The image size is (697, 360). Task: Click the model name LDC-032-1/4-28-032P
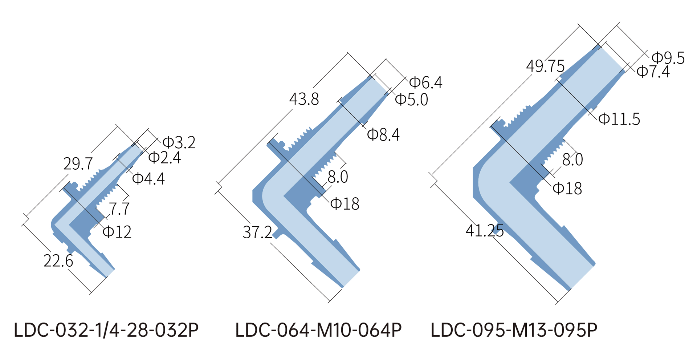106,330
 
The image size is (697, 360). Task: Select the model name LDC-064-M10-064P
318,330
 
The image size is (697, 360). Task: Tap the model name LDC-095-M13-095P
514,330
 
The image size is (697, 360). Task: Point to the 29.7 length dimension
78,164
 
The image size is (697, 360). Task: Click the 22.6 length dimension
58,261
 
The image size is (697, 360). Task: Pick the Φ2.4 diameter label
165,158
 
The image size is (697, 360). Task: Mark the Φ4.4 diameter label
148,179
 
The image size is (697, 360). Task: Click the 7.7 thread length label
119,209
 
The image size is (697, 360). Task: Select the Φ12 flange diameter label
117,232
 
